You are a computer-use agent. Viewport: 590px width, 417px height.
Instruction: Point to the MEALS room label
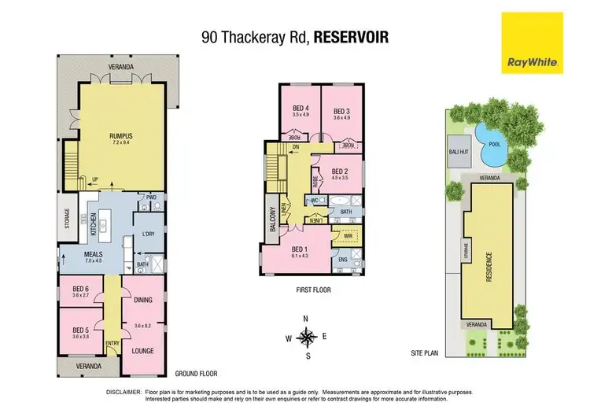94,254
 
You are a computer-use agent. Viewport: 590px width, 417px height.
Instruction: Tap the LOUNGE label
142,350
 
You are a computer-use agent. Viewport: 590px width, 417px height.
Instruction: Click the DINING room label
142,299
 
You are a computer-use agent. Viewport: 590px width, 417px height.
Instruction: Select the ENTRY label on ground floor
112,342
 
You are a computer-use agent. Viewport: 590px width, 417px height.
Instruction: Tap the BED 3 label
341,110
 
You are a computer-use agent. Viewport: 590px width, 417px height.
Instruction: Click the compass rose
308,337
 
